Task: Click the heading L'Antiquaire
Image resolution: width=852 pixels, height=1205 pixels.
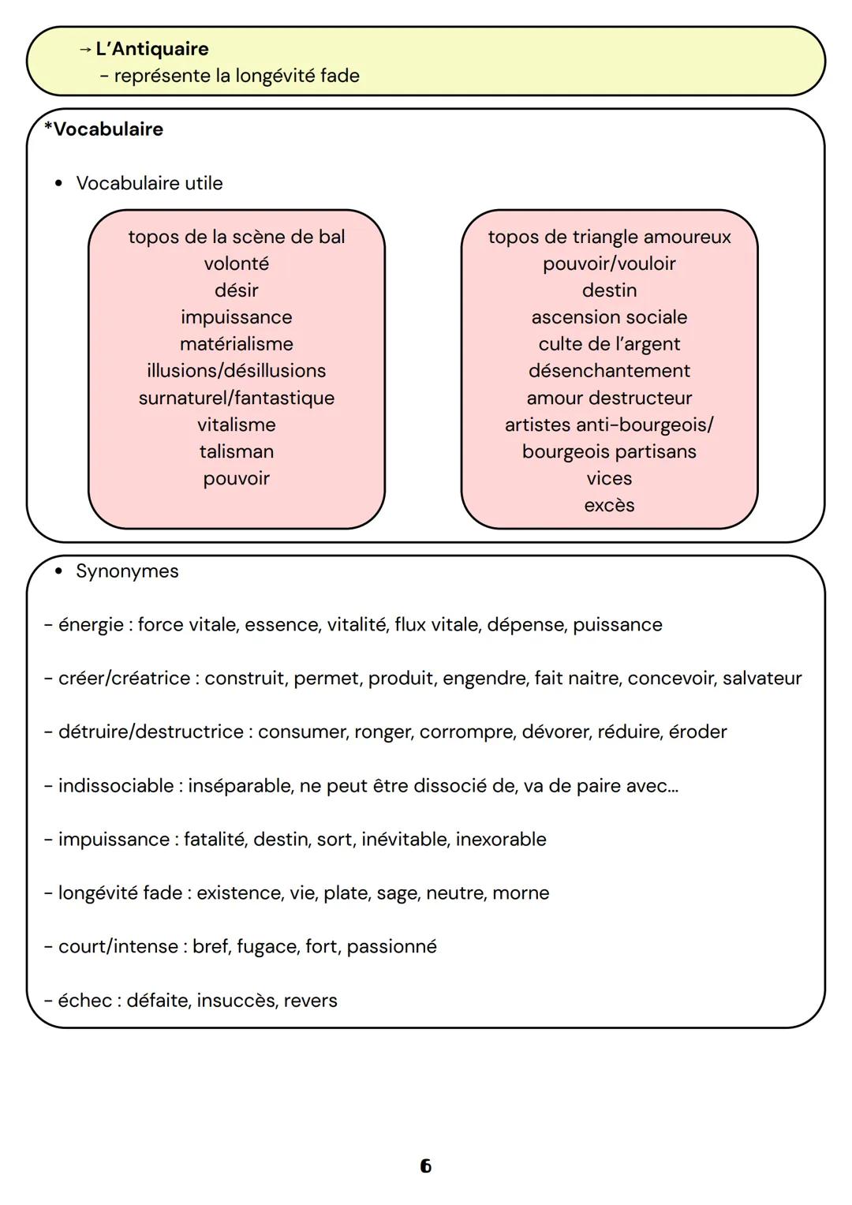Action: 151,49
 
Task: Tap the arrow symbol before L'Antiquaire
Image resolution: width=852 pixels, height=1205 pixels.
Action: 85,49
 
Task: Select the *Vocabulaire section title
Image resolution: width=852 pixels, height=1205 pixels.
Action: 103,129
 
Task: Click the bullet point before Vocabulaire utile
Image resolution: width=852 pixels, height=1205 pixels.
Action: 58,184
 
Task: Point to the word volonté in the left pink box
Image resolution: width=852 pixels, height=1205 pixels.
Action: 236,264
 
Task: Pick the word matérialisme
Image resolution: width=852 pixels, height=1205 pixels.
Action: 236,344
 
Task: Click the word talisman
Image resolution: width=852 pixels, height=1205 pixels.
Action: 236,451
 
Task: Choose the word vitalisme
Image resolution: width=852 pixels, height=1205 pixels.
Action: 236,425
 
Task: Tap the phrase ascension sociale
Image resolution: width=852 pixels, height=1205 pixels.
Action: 609,317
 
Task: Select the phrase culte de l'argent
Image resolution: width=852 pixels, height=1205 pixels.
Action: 609,344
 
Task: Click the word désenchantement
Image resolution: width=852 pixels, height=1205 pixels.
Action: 609,371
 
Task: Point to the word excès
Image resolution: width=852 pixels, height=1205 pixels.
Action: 609,505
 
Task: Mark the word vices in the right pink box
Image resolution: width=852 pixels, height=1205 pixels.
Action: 609,478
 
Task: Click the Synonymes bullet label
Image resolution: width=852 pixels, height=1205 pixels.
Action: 127,571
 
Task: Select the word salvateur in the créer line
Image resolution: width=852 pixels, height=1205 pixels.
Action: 762,679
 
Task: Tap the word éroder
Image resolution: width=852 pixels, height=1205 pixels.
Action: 697,732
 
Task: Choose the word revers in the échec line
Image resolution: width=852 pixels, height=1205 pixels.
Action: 310,1001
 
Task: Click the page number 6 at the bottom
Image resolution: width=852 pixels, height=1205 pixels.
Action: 426,1166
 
